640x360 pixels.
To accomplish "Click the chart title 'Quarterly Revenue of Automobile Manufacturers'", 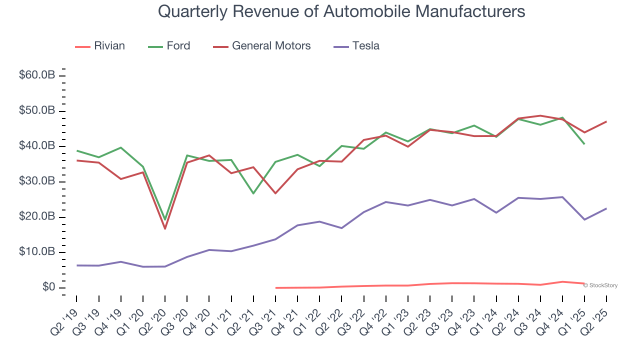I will (x=341, y=11).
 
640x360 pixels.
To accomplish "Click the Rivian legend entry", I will (x=100, y=46).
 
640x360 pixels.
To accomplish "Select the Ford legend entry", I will (x=169, y=46).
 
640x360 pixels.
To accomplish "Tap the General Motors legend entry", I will (x=262, y=46).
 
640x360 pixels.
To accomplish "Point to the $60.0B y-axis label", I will (x=37, y=75).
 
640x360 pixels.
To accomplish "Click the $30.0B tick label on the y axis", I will (x=37, y=181).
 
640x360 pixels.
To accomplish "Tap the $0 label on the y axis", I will (x=48, y=287).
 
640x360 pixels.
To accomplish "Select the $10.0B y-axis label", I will (x=37, y=252).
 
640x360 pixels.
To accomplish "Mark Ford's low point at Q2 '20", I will (x=165, y=219).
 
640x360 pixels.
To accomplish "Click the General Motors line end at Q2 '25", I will (x=606, y=121).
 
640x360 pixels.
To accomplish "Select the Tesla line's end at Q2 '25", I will (x=606, y=208).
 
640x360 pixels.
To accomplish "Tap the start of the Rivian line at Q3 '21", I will (x=276, y=288).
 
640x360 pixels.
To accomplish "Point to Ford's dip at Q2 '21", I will (x=253, y=193).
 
